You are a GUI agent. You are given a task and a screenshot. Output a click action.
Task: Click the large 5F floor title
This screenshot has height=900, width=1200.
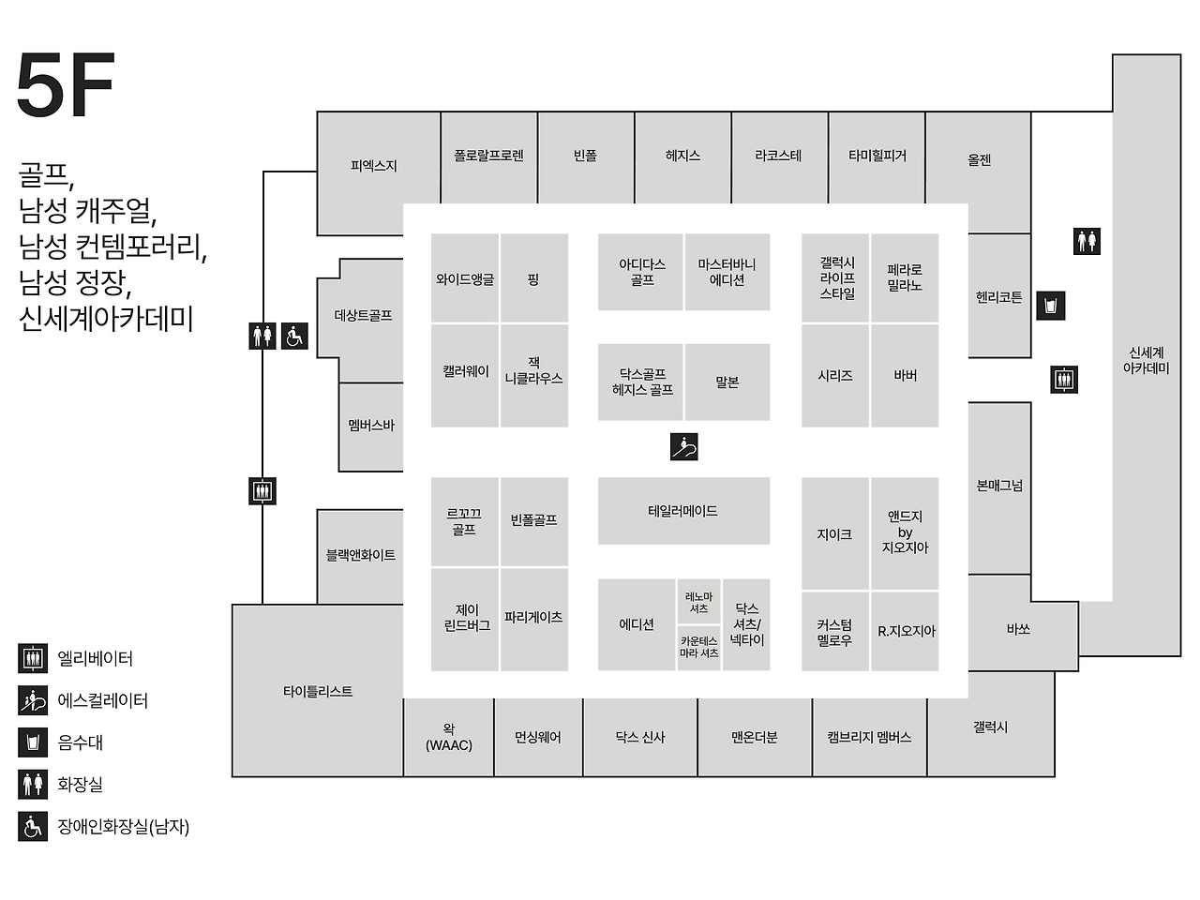click(65, 85)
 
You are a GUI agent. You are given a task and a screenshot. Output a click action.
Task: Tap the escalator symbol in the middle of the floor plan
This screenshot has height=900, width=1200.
click(684, 446)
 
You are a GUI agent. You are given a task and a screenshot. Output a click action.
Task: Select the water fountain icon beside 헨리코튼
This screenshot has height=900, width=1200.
click(1051, 306)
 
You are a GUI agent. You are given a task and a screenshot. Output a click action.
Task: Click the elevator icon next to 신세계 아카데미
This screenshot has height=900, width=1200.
click(1064, 379)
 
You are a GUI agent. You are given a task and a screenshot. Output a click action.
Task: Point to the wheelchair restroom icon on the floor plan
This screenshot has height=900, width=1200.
click(294, 336)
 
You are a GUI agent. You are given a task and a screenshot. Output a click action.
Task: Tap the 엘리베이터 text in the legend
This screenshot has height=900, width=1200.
click(95, 658)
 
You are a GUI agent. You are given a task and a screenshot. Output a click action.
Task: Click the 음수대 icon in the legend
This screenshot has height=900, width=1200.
click(33, 742)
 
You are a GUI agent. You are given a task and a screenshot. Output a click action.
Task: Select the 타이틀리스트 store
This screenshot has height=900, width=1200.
click(318, 691)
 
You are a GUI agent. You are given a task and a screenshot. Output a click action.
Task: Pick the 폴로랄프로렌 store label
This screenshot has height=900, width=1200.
click(488, 156)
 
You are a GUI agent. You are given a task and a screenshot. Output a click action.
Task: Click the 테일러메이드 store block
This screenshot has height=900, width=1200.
click(683, 511)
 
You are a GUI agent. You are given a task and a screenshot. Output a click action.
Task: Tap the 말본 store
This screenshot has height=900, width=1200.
click(727, 382)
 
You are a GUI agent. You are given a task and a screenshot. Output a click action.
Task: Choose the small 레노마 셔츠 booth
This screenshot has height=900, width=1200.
click(698, 602)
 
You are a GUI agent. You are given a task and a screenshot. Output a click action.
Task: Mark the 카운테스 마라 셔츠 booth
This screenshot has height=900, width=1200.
click(698, 647)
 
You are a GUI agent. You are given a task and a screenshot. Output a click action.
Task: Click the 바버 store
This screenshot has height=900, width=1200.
click(905, 375)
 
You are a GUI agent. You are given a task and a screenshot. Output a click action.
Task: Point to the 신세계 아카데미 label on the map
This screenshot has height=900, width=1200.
click(1146, 360)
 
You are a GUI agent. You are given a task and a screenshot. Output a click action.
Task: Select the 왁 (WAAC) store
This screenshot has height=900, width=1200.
click(449, 737)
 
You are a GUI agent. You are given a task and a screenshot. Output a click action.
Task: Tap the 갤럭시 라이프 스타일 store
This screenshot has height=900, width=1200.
click(836, 277)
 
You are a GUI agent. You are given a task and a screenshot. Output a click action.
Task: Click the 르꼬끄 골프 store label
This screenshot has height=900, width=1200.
click(464, 521)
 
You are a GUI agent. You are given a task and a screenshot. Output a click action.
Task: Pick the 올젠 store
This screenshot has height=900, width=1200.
click(979, 159)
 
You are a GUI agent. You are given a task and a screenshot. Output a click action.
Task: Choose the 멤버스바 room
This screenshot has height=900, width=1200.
click(371, 426)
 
